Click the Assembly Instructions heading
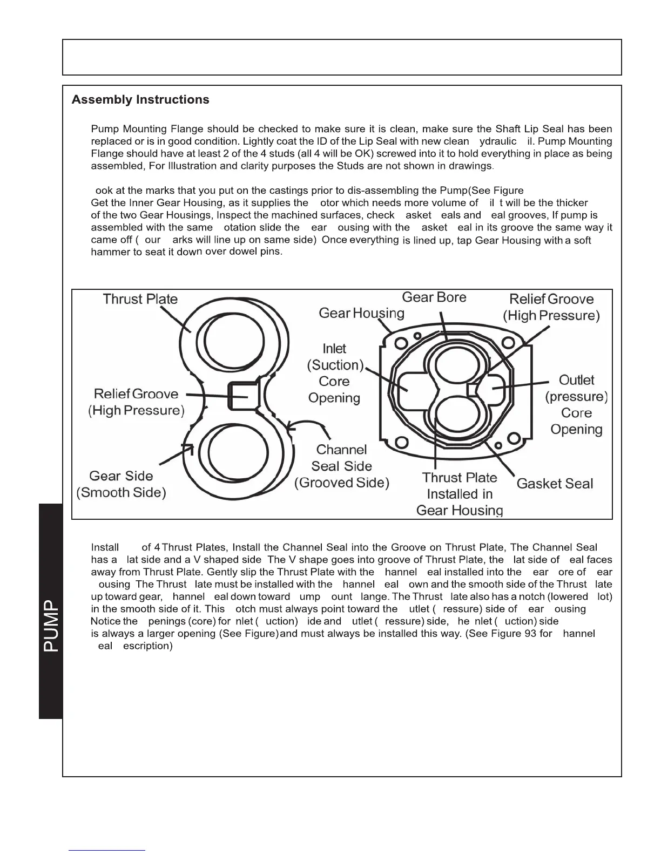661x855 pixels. [x=140, y=100]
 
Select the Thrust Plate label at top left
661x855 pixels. [x=140, y=300]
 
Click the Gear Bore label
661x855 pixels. [x=434, y=297]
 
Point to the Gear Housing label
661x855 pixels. [x=361, y=313]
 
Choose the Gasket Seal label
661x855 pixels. [x=555, y=484]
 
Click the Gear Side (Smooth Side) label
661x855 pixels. [x=122, y=484]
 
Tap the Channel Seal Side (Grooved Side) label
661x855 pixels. [x=342, y=466]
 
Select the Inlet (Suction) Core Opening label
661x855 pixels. [x=334, y=374]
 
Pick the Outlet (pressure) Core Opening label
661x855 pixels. [x=576, y=405]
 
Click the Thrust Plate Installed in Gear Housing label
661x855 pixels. [x=460, y=494]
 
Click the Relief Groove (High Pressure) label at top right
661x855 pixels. [x=551, y=307]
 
